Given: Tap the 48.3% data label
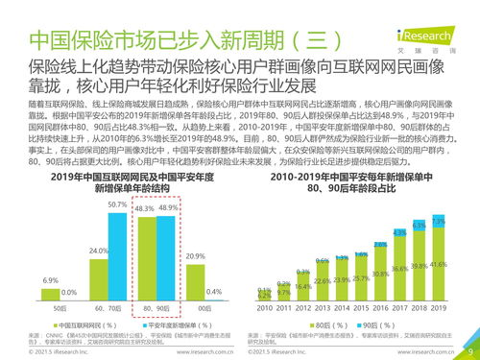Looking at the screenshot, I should pyautogui.click(x=143, y=208).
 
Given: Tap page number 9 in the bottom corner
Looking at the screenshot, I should pyautogui.click(x=468, y=351).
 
